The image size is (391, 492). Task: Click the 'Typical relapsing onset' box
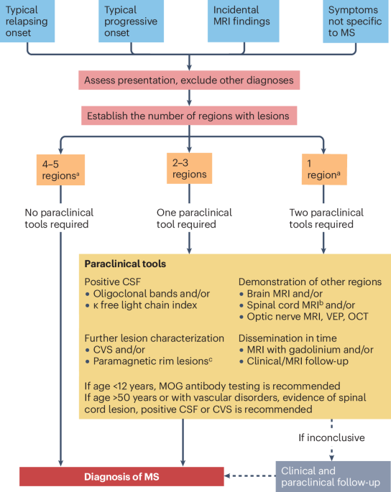[29, 20]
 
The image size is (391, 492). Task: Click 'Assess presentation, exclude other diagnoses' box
[190, 80]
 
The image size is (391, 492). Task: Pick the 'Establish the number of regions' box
[190, 116]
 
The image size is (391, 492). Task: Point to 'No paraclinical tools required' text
[60, 219]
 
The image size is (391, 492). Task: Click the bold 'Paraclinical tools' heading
[125, 264]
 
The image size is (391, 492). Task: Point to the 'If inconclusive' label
[331, 436]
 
